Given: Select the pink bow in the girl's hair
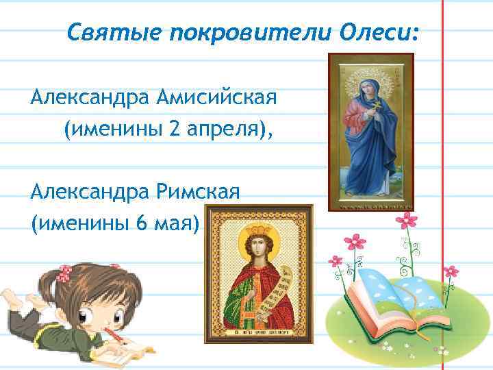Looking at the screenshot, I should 64,273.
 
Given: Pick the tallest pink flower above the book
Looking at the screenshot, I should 408,220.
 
